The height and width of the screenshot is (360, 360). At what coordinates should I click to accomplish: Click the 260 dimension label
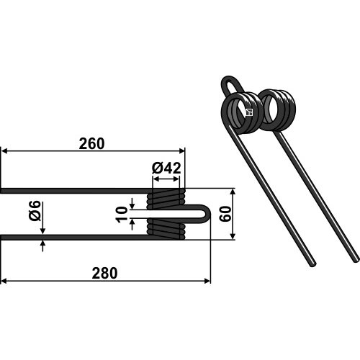91,144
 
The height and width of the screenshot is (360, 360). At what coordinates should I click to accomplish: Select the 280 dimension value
104,273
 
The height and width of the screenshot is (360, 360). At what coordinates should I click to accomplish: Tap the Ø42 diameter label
166,168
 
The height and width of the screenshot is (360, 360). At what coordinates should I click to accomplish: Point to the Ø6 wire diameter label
35,211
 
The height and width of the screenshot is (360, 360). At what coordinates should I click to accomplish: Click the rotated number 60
225,214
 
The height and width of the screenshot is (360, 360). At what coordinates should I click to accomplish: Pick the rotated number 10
122,214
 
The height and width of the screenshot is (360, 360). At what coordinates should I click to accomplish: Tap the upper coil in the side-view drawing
166,199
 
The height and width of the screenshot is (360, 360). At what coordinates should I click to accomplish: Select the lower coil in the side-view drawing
166,229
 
